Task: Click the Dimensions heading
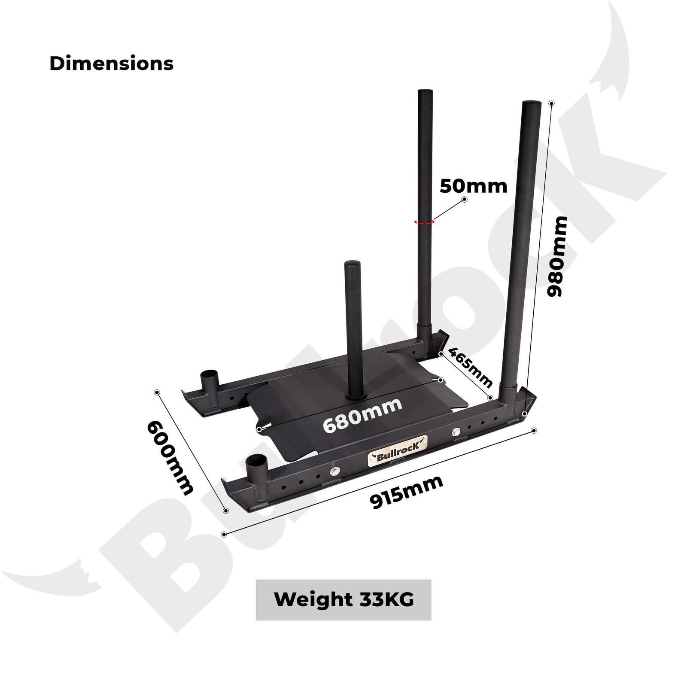(x=111, y=64)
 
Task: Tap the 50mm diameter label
(x=473, y=186)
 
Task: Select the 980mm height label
(x=557, y=256)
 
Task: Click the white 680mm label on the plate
(x=362, y=416)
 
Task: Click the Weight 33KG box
(x=343, y=599)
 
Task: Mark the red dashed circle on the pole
(x=424, y=222)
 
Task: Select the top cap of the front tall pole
(x=532, y=104)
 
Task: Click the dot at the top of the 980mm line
(x=552, y=103)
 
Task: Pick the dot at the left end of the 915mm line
(x=224, y=534)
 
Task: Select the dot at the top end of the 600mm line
(x=157, y=392)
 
